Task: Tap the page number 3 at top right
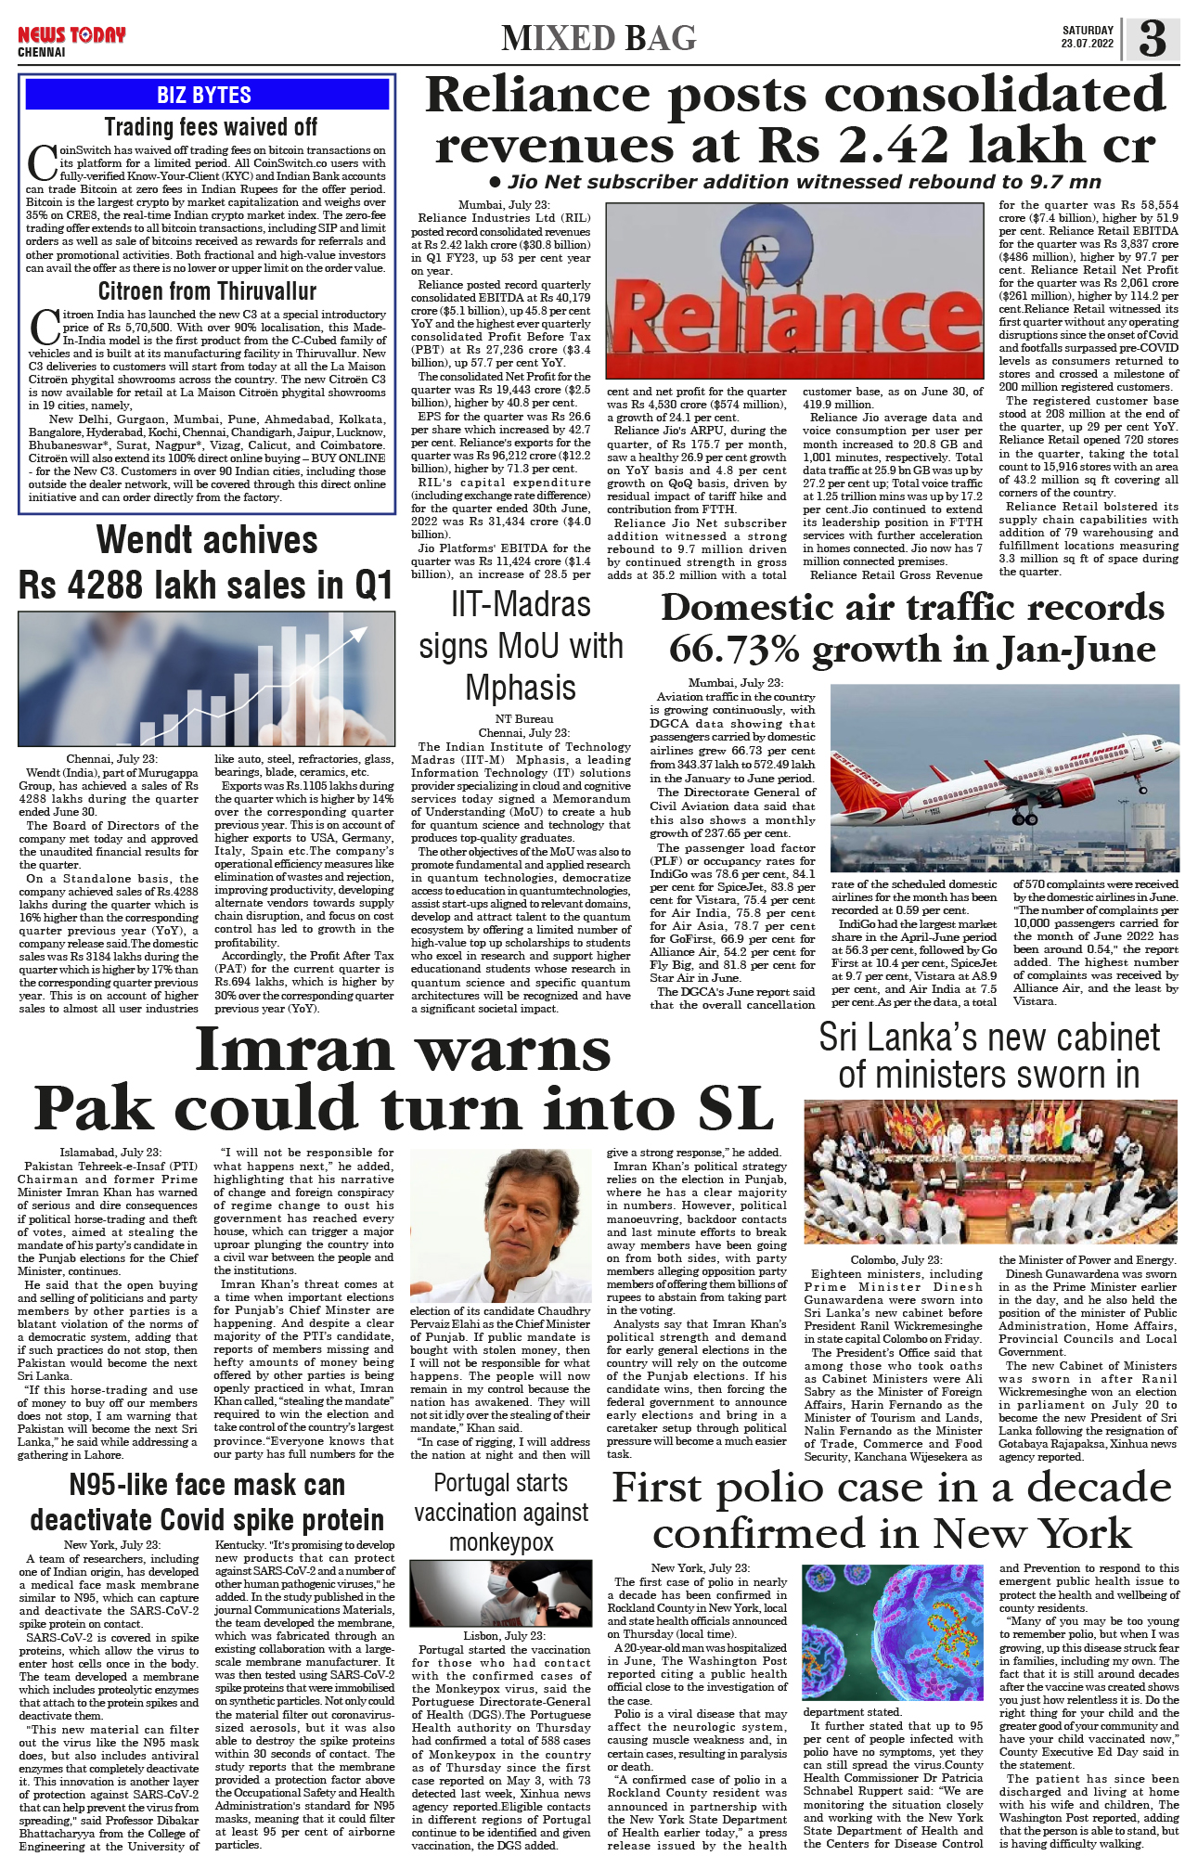(x=1152, y=39)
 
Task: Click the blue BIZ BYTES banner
(x=204, y=95)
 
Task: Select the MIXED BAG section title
(x=599, y=39)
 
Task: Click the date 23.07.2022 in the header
(x=1088, y=45)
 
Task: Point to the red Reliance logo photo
(x=793, y=291)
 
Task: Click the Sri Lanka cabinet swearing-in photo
(x=990, y=1171)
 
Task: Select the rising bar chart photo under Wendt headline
(x=206, y=679)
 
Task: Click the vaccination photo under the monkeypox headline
(x=500, y=1592)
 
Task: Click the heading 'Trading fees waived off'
(x=211, y=127)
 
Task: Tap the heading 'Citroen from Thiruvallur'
(x=207, y=291)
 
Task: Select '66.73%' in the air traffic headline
(x=734, y=650)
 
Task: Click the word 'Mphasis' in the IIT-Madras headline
(x=521, y=688)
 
